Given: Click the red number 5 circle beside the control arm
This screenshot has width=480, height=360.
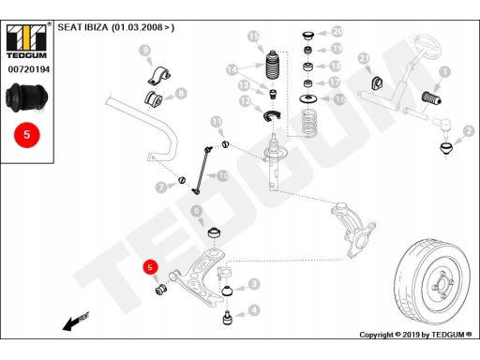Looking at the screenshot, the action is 150,267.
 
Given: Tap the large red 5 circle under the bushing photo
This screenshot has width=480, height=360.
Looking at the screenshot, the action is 27,135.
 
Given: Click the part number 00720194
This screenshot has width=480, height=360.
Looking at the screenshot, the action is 29,69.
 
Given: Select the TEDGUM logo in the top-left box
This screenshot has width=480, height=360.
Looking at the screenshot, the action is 27,40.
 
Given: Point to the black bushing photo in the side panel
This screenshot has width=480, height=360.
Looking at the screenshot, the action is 27,97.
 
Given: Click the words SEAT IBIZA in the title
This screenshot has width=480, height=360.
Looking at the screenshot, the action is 82,27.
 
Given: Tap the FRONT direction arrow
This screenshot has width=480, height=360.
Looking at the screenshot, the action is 76,322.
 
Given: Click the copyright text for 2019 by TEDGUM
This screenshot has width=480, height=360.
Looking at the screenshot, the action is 415,335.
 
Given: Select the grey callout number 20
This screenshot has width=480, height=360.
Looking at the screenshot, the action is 337,31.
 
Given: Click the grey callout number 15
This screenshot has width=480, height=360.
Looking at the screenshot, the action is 254,37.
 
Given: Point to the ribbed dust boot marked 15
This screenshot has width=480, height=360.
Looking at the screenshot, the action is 274,65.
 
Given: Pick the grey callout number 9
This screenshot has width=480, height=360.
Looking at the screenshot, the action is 144,51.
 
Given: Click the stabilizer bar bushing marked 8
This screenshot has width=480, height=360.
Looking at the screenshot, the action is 154,98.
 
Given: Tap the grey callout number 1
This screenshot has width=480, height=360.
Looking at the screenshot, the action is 445,72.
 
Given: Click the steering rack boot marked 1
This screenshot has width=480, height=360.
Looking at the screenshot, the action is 432,97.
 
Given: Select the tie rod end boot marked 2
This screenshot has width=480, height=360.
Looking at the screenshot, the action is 446,149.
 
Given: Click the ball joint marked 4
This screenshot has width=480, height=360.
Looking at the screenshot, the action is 228,318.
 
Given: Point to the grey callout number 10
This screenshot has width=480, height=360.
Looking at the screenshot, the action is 223,176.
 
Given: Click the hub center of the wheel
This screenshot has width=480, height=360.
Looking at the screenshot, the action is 442,285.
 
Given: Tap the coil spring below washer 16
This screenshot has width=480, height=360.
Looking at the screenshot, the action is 309,123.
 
